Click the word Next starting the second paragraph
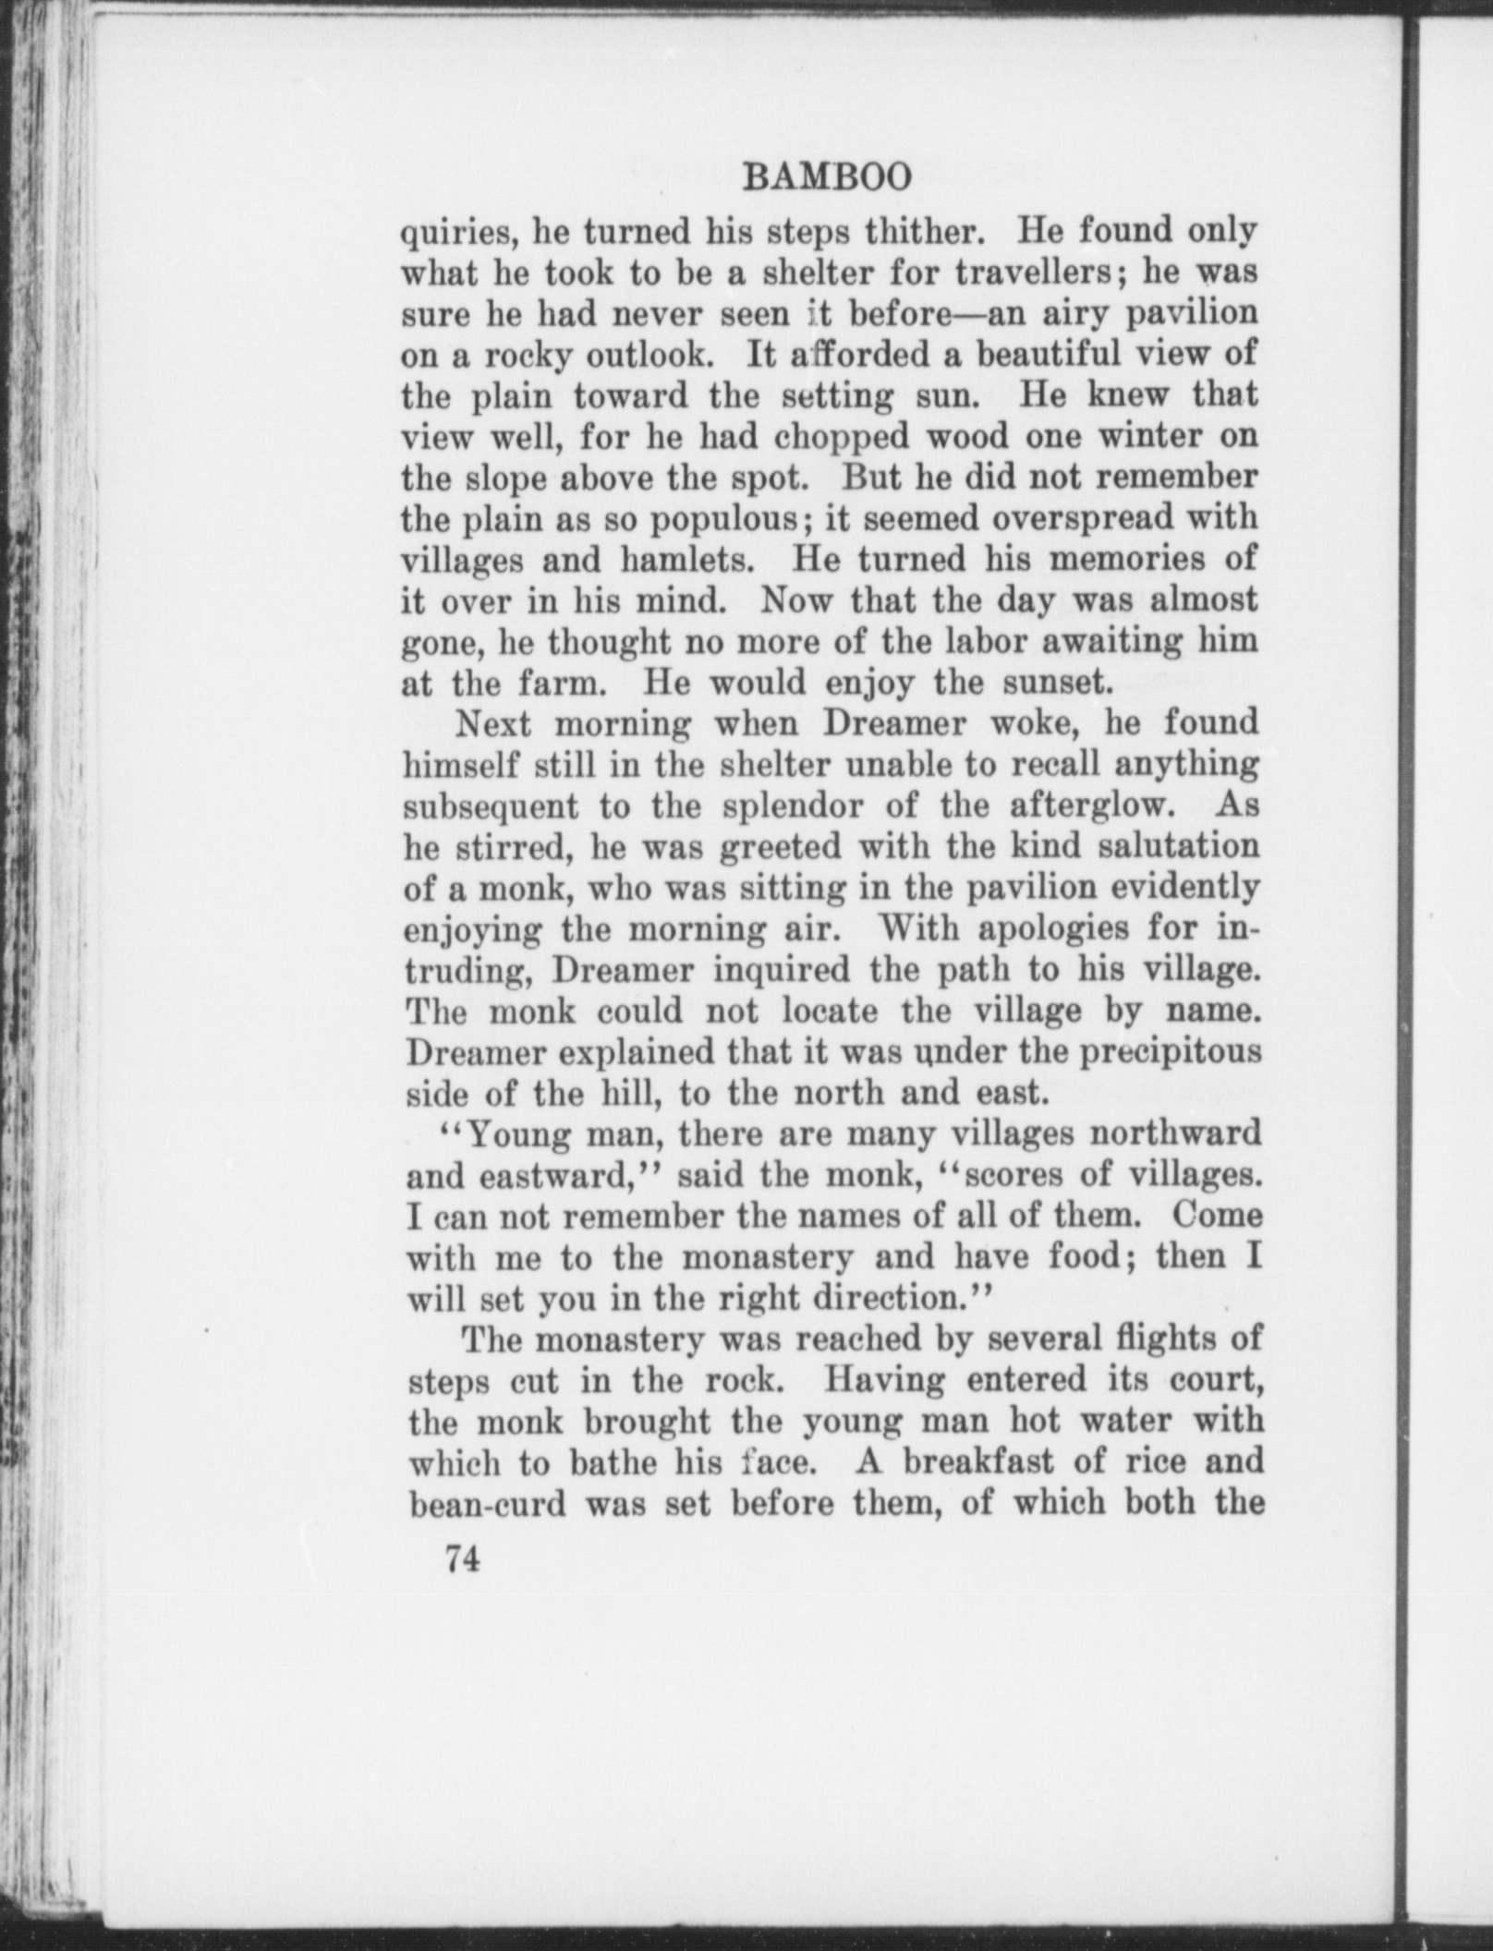tap(493, 724)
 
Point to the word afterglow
tap(1091, 806)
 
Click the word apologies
tap(1034, 928)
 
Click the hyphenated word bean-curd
tap(487, 1504)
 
